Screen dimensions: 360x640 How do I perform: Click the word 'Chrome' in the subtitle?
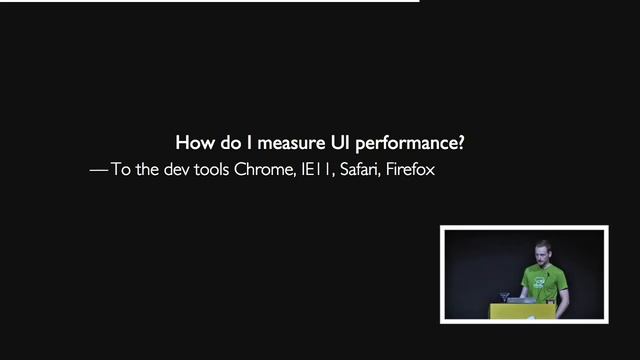(264, 170)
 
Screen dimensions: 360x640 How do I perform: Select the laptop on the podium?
(521, 298)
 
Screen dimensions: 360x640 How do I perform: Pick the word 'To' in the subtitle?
(121, 170)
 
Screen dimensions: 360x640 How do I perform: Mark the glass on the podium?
(504, 297)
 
